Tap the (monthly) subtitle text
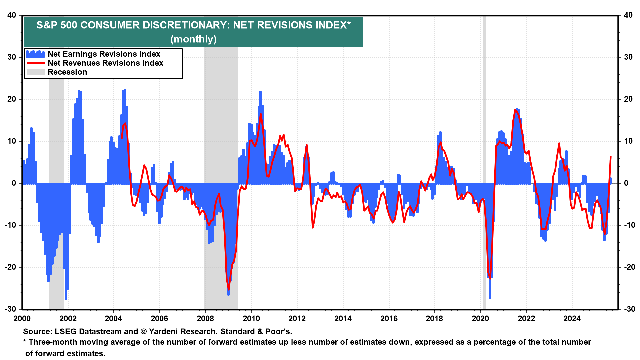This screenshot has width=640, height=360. (x=193, y=39)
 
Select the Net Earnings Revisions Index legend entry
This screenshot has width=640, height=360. (x=104, y=54)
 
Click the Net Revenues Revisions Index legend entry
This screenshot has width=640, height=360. (x=105, y=63)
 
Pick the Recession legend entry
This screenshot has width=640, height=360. (x=67, y=72)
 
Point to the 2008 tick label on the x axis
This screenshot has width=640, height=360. (x=205, y=318)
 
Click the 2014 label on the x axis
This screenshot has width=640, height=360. (x=343, y=318)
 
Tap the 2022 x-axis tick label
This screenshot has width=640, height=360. (x=526, y=318)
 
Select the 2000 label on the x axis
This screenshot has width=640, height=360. (x=22, y=318)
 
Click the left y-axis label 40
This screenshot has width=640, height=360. (x=12, y=15)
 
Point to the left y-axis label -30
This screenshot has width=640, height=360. (x=10, y=309)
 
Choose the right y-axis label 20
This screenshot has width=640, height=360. (x=628, y=99)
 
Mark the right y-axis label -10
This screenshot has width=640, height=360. (x=627, y=225)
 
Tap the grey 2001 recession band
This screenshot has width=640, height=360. (x=56, y=133)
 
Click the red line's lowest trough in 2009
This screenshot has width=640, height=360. (x=228, y=289)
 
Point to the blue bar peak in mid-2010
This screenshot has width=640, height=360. (x=260, y=92)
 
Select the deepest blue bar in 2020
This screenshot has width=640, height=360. (x=490, y=297)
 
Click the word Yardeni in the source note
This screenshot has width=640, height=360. (x=163, y=331)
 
